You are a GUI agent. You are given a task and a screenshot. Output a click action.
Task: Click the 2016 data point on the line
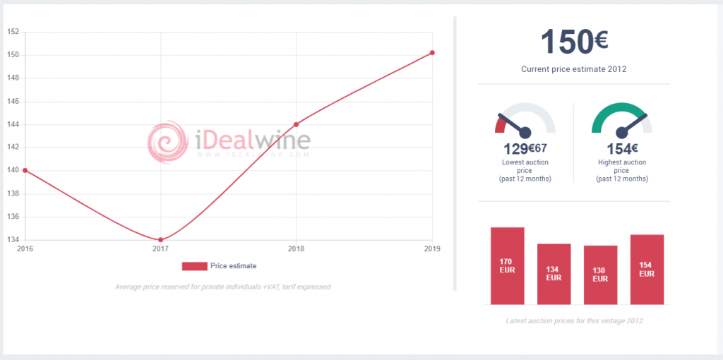pos(25,170)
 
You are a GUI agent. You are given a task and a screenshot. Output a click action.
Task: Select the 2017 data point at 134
pos(161,240)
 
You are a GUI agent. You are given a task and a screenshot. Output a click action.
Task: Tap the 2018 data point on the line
pos(297,124)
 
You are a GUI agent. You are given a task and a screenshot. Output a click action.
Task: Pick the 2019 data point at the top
pos(432,52)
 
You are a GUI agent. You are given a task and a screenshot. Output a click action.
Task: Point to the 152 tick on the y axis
pos(12,32)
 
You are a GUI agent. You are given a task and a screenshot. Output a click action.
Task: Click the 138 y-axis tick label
pos(12,193)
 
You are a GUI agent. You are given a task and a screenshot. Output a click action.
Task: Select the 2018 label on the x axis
pos(297,249)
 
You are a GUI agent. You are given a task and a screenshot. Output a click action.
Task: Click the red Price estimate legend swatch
pos(194,266)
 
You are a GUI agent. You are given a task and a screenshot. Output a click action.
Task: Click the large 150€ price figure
pos(574,42)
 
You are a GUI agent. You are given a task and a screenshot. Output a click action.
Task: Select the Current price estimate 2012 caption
pos(574,69)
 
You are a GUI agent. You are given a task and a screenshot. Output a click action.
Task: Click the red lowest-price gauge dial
pos(525,120)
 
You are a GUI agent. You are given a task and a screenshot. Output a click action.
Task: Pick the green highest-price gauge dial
pos(621,120)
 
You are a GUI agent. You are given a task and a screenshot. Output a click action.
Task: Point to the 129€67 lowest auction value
pos(525,149)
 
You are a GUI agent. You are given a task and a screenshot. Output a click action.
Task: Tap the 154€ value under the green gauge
pos(622,149)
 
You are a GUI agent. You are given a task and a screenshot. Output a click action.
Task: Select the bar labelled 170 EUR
pos(507,266)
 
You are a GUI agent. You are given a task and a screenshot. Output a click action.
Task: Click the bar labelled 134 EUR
pos(554,274)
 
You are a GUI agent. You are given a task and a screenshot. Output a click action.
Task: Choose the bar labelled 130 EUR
pos(600,275)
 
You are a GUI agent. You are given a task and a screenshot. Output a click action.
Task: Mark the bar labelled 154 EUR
pos(647,270)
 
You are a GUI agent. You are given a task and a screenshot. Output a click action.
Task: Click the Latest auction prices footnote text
pos(574,320)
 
